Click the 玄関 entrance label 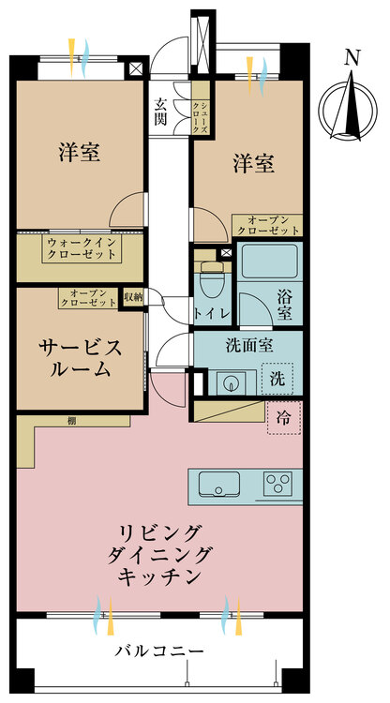160,112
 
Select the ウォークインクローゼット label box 83,248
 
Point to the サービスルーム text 81,358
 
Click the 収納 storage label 133,296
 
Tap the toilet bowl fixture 212,281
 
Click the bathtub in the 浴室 269,261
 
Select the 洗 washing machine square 277,379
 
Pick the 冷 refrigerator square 284,418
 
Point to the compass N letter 352,58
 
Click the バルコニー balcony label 159,651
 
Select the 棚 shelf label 71,421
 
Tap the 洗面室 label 249,346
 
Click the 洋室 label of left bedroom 79,151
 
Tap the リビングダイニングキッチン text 158,555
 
